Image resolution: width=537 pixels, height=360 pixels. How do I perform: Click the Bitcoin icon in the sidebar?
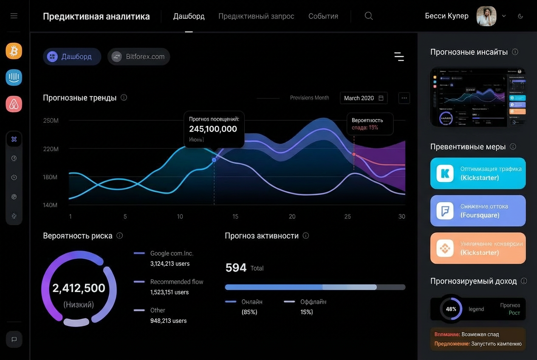(14, 51)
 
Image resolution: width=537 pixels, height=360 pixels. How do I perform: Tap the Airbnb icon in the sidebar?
(14, 104)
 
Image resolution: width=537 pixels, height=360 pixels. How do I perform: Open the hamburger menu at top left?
(14, 16)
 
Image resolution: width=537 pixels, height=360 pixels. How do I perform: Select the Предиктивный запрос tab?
(256, 16)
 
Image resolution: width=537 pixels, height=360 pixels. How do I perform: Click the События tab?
(323, 16)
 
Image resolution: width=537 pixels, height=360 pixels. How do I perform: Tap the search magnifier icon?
(369, 16)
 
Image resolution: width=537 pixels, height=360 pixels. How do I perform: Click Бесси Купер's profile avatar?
(486, 16)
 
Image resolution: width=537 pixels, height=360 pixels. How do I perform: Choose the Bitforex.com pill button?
(139, 56)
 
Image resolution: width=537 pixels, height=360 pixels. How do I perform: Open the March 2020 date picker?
(364, 98)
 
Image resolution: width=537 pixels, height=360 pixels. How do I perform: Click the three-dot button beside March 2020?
(404, 98)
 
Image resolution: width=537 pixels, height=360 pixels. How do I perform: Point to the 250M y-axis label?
(51, 121)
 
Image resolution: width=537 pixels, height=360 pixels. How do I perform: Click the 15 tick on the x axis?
(235, 217)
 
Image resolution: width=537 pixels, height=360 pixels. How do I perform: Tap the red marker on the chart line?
(354, 154)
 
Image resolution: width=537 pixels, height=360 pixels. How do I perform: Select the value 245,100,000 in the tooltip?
(213, 129)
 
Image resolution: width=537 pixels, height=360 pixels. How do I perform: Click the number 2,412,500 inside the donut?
(79, 288)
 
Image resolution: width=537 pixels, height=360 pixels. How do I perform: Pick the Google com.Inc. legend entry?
(172, 253)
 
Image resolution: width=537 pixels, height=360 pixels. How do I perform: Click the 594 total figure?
(236, 268)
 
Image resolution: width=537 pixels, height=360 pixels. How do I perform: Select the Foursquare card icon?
(445, 211)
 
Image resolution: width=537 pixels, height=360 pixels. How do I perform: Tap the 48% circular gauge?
(451, 309)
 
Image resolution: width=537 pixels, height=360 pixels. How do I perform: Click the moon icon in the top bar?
(520, 16)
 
